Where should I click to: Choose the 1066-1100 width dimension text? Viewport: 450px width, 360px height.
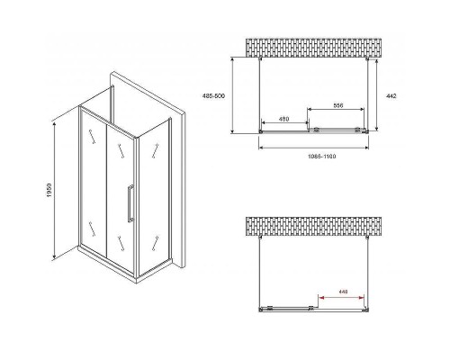click(313, 156)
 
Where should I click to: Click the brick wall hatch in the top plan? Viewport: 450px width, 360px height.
click(315, 48)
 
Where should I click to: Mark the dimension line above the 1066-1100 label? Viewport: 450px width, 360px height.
click(313, 148)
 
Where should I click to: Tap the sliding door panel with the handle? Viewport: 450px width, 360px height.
click(125, 189)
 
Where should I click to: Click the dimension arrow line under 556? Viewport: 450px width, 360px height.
click(338, 110)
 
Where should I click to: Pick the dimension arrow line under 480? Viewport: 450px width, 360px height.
click(282, 124)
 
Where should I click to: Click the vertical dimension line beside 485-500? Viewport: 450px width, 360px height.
click(233, 95)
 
